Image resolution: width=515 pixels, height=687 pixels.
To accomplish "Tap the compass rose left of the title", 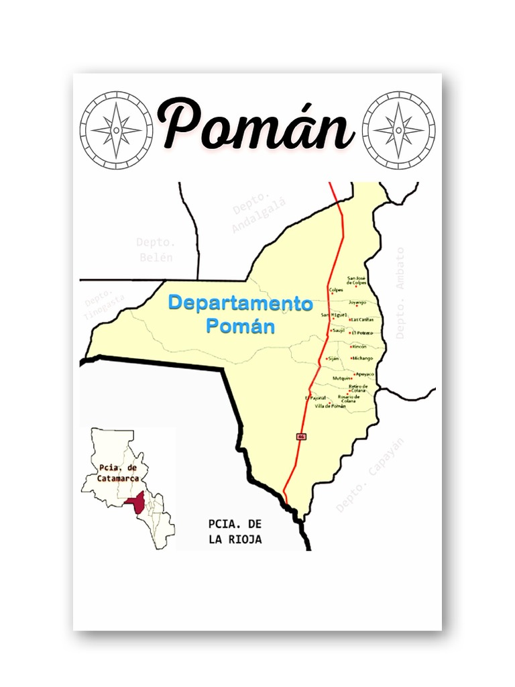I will click(116, 129).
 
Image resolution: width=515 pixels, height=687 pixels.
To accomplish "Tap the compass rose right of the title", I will click(398, 129).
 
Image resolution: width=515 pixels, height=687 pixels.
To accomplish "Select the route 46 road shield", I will click(300, 437).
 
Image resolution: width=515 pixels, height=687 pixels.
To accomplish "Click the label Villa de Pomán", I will click(330, 407).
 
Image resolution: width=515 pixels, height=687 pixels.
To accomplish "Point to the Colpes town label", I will click(336, 290).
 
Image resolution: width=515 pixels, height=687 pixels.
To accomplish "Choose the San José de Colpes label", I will click(357, 280).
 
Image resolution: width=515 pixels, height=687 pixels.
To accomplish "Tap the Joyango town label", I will click(357, 302).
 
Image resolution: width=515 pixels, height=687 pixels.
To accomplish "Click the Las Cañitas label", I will click(363, 319).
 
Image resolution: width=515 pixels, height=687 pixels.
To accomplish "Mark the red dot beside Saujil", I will click(332, 330).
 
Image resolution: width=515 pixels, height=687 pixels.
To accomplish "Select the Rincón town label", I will click(359, 346).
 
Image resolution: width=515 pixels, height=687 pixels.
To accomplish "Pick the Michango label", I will click(363, 358).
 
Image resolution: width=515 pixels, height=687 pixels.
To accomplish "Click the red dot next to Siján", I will click(327, 359).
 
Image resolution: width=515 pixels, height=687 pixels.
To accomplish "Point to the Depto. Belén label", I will click(156, 250).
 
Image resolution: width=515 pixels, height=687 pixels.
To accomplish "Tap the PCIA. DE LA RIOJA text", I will click(235, 531).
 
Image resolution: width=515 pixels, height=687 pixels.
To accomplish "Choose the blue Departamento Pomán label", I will click(240, 314).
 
